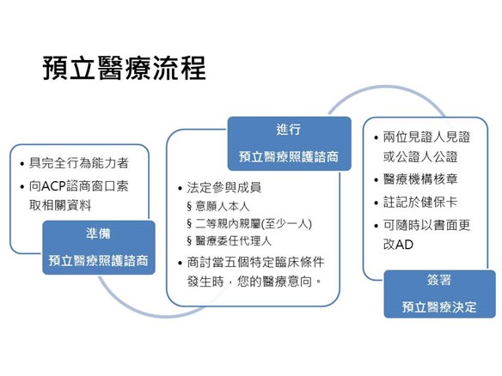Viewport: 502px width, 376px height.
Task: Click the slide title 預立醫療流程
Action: [x=125, y=68]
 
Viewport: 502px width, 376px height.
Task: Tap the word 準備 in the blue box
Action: [x=98, y=233]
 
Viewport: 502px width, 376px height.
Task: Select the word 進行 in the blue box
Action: [x=289, y=130]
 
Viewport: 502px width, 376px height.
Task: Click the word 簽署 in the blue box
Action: [x=439, y=280]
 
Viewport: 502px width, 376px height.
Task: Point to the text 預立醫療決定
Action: [x=439, y=307]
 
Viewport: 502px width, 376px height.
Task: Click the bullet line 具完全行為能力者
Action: [x=79, y=163]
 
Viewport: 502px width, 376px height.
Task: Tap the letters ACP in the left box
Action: [x=53, y=185]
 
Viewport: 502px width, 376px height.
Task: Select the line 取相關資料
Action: [x=60, y=205]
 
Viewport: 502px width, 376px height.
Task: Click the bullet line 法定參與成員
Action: [x=223, y=188]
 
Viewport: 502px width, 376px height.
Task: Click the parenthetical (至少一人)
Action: [x=286, y=223]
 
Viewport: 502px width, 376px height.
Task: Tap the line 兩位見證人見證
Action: [x=426, y=136]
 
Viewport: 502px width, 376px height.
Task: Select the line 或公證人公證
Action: [x=420, y=156]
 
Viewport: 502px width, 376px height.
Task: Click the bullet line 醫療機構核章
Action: [x=420, y=179]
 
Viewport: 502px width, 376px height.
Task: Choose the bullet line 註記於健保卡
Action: [x=420, y=202]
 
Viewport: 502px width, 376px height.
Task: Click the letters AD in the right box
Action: [x=404, y=245]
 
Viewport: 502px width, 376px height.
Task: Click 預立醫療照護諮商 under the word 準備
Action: [x=99, y=261]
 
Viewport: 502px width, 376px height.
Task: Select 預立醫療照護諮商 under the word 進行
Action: [x=289, y=156]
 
